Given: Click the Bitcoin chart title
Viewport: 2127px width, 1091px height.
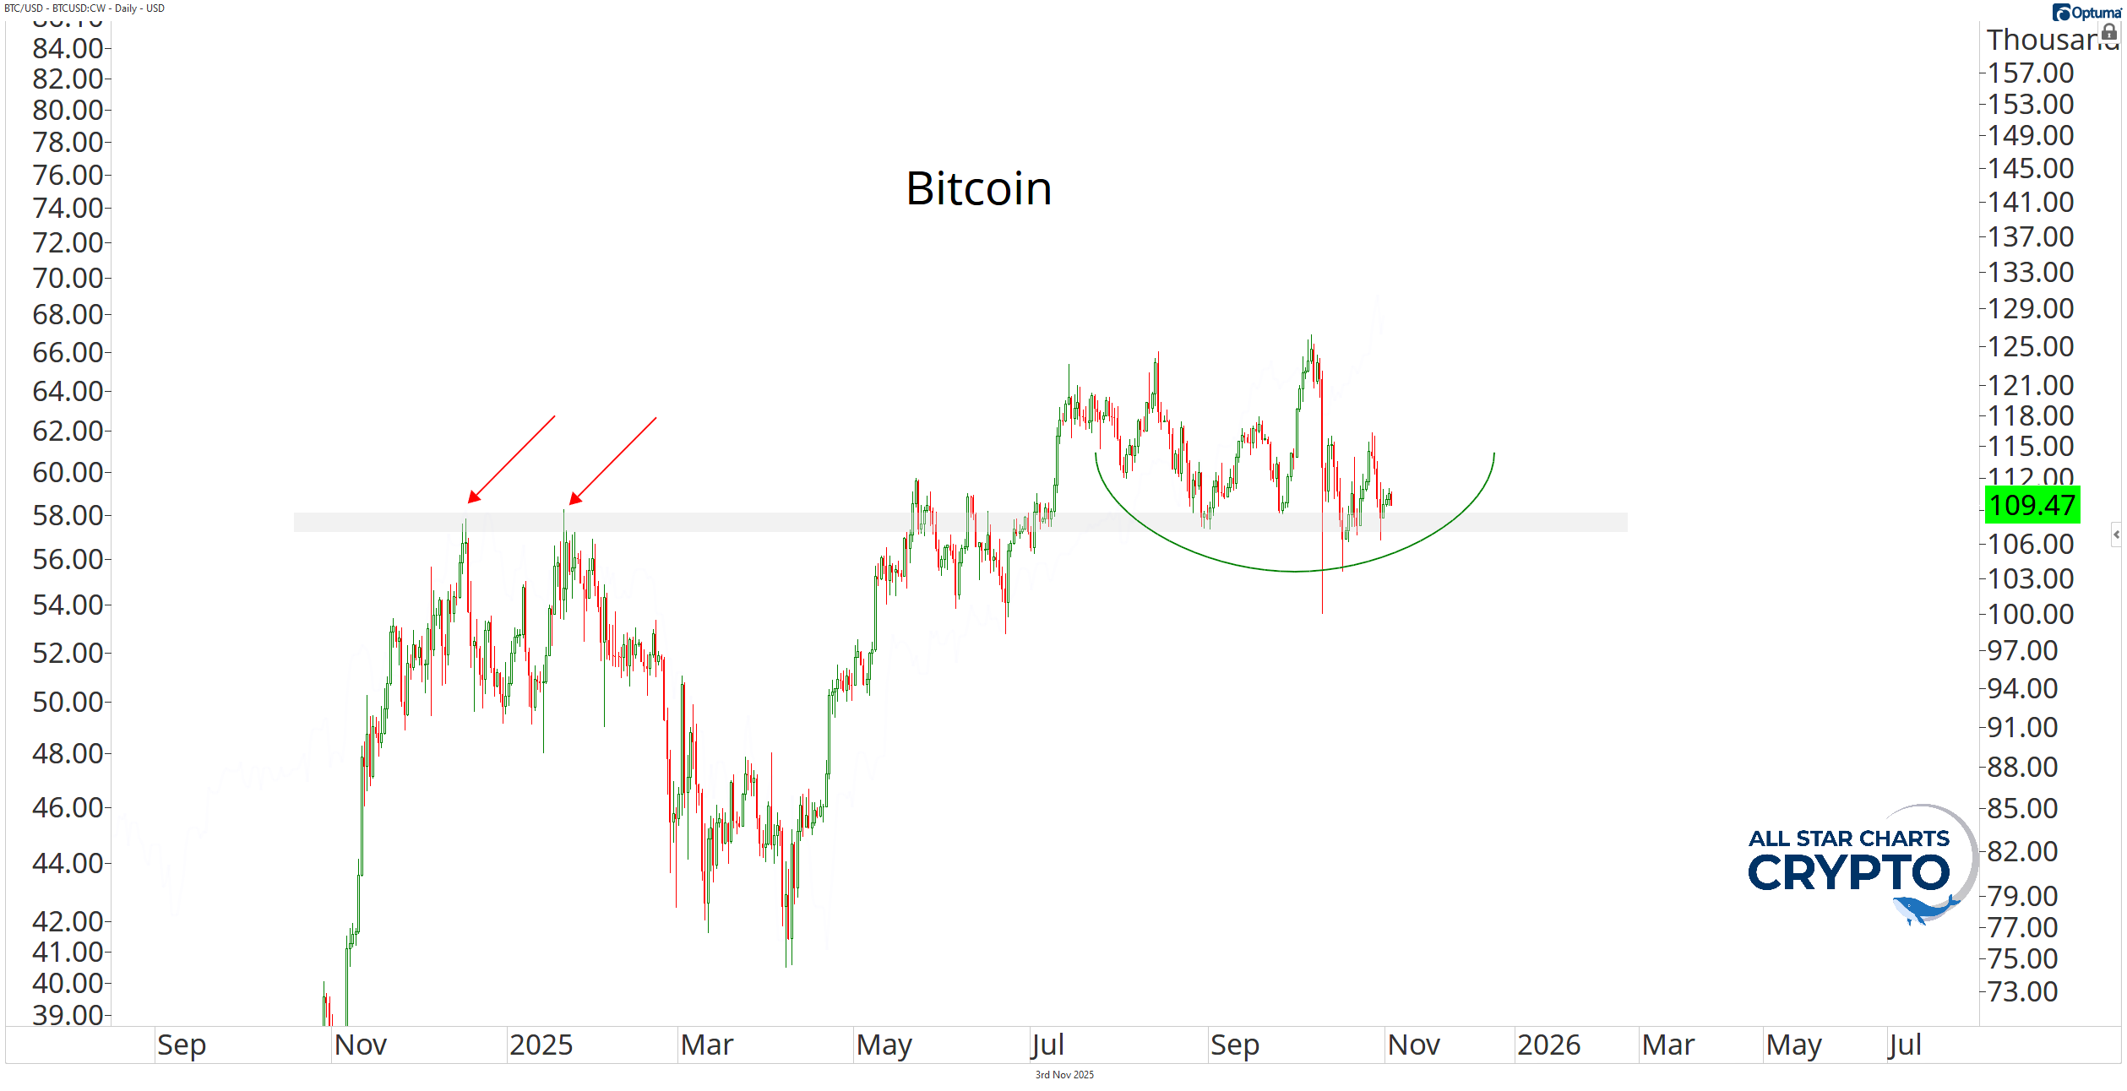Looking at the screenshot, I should tap(978, 188).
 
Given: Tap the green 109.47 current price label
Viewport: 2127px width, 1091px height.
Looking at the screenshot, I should tap(2032, 505).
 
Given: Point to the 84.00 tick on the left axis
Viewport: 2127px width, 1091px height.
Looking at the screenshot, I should tap(68, 48).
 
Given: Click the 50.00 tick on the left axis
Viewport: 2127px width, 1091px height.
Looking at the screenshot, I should tap(68, 702).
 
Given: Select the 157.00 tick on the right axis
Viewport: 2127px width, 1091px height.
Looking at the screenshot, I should tap(2030, 73).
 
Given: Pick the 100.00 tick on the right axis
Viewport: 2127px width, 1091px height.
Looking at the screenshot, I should tap(2030, 614).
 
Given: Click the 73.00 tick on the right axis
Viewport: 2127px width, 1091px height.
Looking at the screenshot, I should tap(2022, 991).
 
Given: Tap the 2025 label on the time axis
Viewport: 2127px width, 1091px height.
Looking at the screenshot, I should tap(541, 1045).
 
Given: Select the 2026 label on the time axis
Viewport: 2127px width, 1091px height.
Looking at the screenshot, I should tap(1548, 1045).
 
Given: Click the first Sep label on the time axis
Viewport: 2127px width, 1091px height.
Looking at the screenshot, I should tap(182, 1045).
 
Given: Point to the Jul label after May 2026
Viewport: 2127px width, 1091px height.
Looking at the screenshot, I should tap(1905, 1045).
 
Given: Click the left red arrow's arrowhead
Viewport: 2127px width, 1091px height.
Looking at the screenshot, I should tap(473, 497).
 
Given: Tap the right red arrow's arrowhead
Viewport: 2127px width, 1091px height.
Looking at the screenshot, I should tap(574, 499).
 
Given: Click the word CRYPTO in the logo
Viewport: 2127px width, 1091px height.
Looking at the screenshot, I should tap(1848, 873).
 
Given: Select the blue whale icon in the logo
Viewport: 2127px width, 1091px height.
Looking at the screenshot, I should tap(1922, 910).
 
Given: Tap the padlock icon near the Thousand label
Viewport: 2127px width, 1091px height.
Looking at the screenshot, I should tap(2109, 33).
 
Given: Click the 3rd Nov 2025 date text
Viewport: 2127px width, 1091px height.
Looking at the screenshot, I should tap(1064, 1075).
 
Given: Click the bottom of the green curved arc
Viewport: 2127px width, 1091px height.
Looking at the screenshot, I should tap(1295, 572).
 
